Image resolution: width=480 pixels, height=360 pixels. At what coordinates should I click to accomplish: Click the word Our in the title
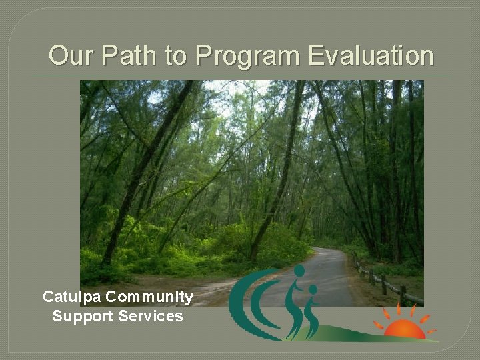tap(69, 55)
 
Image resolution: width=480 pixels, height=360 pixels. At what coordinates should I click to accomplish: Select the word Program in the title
tap(249, 55)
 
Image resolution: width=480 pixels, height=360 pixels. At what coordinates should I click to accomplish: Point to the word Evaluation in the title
tap(371, 55)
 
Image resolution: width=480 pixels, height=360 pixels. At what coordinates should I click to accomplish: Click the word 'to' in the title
tap(175, 55)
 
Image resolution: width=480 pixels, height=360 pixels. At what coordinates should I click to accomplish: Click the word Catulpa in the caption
tap(71, 297)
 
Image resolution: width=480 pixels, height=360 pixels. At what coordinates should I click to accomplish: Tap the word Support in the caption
tap(82, 316)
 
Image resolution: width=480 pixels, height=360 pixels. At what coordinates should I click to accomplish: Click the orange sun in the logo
tap(405, 329)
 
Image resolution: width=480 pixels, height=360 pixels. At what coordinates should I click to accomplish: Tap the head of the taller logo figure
tap(299, 271)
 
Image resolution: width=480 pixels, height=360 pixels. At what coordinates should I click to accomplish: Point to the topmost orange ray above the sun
tap(399, 308)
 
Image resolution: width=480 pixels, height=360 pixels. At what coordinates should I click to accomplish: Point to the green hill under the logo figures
tap(360, 333)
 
